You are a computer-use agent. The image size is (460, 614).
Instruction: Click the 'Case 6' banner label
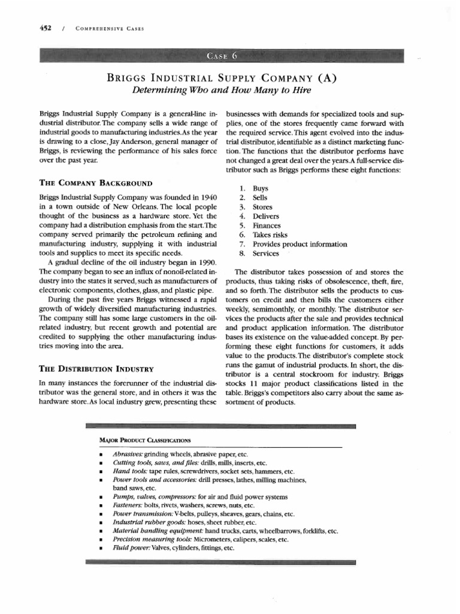coord(222,57)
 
